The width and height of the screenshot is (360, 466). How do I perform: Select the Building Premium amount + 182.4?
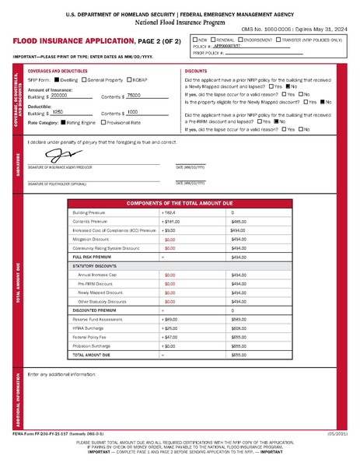pos(170,212)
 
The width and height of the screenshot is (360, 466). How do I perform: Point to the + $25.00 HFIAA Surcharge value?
pos(169,329)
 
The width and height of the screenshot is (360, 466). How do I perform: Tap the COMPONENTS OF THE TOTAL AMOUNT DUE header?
pos(180,201)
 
